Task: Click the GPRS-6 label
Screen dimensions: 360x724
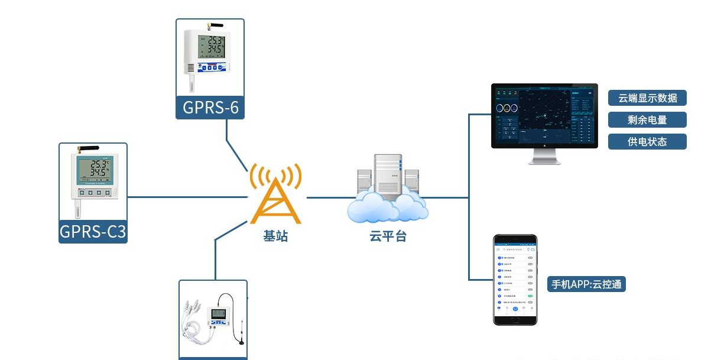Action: coord(210,108)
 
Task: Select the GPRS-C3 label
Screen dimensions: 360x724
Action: coord(93,232)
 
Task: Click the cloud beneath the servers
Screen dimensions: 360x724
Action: coord(387,207)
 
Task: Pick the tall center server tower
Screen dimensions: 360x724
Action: coord(388,174)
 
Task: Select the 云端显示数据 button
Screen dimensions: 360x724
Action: coord(647,98)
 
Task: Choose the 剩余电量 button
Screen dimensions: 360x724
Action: coord(647,120)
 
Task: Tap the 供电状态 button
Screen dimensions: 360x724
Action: coord(647,142)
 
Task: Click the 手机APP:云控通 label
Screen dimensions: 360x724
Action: coord(586,284)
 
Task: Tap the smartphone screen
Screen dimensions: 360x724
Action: coord(515,278)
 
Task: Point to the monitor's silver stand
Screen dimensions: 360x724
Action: coord(544,156)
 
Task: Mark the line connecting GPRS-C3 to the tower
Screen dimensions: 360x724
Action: coord(186,197)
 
